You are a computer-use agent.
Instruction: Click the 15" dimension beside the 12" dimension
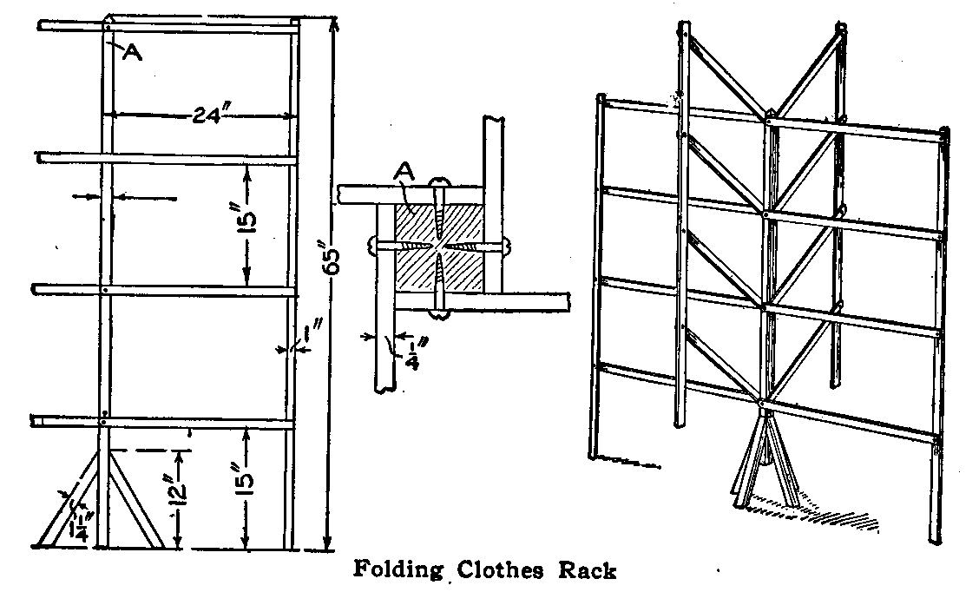tap(246, 491)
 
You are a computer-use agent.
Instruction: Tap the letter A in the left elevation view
tap(132, 52)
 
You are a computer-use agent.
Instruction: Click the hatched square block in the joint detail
tap(438, 247)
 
